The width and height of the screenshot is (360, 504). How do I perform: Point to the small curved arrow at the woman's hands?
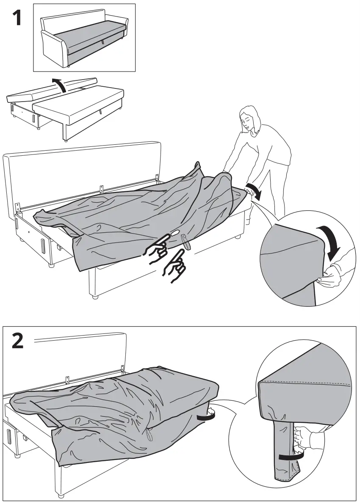point(254,190)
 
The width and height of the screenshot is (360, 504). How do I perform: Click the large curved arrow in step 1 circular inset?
point(331,243)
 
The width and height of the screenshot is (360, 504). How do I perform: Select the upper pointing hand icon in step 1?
point(158,248)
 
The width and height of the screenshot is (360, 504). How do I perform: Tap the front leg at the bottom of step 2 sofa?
point(61,495)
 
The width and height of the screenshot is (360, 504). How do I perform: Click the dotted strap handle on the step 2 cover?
point(149,434)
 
